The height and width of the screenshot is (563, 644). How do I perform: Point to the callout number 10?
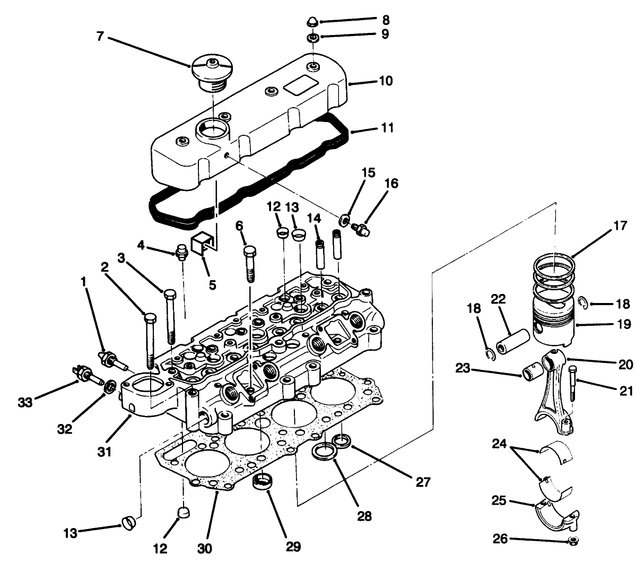click(385, 81)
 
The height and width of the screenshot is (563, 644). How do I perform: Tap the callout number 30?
click(207, 546)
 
